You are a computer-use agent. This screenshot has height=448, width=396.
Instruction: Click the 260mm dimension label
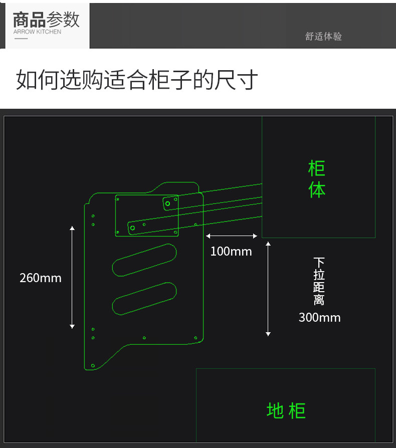point(40,278)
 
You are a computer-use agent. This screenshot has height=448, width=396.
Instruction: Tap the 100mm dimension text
point(231,251)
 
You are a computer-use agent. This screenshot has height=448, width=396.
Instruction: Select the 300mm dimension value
point(319,317)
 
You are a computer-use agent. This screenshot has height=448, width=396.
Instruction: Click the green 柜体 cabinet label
point(317,179)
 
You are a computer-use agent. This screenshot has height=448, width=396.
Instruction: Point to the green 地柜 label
point(286,410)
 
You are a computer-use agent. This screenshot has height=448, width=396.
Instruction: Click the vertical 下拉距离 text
point(319,281)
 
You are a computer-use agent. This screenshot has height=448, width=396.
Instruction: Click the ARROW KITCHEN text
point(37,32)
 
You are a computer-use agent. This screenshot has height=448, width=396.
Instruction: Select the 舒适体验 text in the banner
point(323,37)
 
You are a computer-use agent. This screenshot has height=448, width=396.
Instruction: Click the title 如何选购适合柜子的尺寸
point(137,80)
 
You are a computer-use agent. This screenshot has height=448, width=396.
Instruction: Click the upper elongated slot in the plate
point(144,259)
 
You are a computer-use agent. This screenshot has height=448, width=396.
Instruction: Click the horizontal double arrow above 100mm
point(232,236)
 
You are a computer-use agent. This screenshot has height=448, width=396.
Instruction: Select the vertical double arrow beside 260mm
point(72,277)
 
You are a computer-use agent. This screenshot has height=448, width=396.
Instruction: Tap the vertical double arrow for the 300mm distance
point(268,289)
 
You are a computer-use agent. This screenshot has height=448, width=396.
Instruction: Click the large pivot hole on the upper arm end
point(167,203)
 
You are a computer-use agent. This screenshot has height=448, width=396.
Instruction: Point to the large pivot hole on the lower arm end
point(132,228)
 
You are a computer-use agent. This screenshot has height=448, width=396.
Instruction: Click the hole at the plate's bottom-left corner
point(93,366)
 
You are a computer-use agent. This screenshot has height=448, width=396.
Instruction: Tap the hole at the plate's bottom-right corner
point(195,338)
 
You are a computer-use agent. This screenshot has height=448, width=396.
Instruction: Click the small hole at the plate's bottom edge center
point(144,338)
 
